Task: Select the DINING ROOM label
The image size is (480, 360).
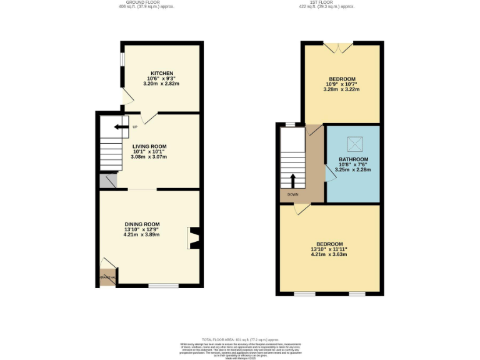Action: point(142,224)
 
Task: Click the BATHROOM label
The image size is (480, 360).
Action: point(353,159)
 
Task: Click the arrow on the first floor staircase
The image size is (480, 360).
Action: point(293,181)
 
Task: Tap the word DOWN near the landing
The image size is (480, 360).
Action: point(292,194)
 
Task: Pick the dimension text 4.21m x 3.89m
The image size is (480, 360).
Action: point(142,234)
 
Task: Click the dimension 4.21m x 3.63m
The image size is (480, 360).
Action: point(329,254)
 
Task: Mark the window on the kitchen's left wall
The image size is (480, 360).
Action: point(122,59)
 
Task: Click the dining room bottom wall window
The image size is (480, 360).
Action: point(164,286)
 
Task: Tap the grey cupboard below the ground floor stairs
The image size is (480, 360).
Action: point(107,181)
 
